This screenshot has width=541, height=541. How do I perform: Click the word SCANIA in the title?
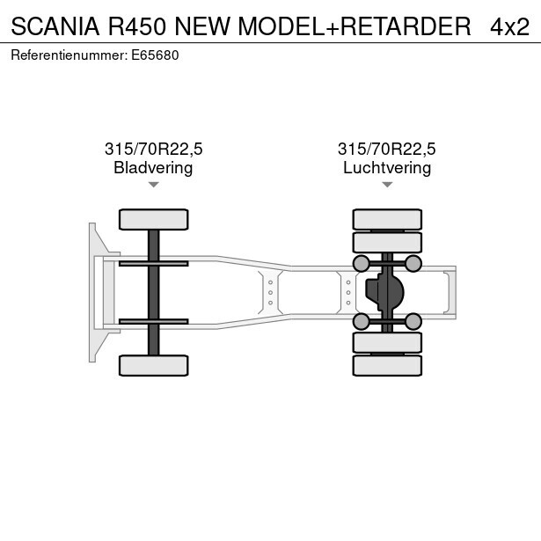(x=55, y=26)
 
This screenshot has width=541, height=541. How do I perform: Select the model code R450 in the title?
(x=137, y=26)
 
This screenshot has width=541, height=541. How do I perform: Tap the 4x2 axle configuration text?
(x=509, y=27)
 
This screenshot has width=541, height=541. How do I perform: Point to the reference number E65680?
(x=155, y=55)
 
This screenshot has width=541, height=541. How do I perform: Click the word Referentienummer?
(x=69, y=55)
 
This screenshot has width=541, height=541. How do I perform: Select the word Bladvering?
(x=153, y=168)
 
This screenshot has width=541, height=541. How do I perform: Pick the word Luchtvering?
(x=387, y=168)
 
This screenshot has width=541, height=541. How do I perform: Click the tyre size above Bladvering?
(x=154, y=149)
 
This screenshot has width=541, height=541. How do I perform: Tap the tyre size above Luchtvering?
(x=387, y=149)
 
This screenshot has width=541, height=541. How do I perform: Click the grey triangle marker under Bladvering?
(x=154, y=185)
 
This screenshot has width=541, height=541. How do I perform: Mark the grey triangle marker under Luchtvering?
(x=387, y=185)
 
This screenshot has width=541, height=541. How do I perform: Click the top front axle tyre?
(x=154, y=219)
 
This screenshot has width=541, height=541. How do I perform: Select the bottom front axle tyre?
(x=154, y=365)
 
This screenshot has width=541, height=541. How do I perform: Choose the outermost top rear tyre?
(x=387, y=219)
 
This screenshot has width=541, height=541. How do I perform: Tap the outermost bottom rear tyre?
(x=387, y=365)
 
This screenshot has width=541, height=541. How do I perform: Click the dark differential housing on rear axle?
(x=384, y=292)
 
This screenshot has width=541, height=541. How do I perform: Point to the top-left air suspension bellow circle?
(x=362, y=264)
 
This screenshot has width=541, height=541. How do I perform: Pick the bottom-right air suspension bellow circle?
(x=413, y=322)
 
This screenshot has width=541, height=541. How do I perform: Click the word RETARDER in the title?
(x=406, y=26)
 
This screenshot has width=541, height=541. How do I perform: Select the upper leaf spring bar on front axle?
(x=154, y=264)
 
